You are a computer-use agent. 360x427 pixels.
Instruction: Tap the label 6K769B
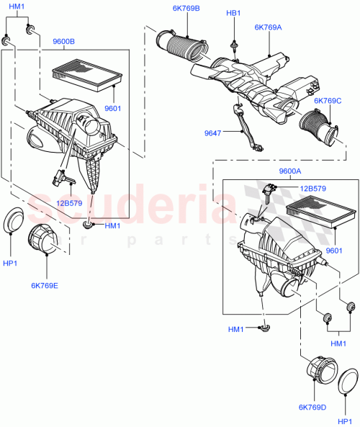pyautogui.click(x=186, y=9)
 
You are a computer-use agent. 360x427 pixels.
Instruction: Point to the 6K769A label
pyautogui.click(x=268, y=28)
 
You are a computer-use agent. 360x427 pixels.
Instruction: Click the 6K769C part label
pyautogui.click(x=328, y=102)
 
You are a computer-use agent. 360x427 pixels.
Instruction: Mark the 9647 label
pyautogui.click(x=213, y=132)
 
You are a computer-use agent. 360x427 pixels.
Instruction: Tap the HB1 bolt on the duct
pyautogui.click(x=235, y=45)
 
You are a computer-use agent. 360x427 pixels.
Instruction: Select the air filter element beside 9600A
pyautogui.click(x=320, y=217)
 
